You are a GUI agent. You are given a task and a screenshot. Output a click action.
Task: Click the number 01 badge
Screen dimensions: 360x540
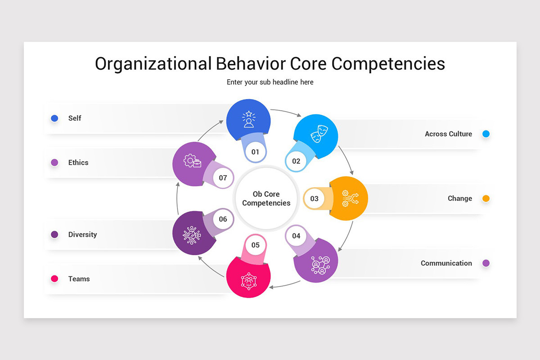coord(255,152)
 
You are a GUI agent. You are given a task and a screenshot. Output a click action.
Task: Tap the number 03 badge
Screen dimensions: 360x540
coord(314,198)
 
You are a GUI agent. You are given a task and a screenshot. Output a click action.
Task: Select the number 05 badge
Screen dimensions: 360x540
coord(256,245)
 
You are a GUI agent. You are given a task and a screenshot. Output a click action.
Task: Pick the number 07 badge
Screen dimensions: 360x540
coord(223,178)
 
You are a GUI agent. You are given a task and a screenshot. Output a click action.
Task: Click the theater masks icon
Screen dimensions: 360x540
coord(319,134)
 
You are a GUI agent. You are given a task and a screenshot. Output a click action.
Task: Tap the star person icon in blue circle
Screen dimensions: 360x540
coord(248,120)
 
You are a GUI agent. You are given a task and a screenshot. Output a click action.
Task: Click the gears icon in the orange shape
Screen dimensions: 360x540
coord(350,198)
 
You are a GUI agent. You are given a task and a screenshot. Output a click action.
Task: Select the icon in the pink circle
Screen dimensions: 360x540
coord(248,280)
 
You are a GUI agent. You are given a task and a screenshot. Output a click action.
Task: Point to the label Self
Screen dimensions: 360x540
coord(75,118)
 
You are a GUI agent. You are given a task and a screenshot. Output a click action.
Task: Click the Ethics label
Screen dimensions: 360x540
coord(78,162)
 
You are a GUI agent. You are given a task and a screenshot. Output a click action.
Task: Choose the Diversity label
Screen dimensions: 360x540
coord(82,234)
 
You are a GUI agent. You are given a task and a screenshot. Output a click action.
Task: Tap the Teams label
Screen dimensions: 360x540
coord(79,279)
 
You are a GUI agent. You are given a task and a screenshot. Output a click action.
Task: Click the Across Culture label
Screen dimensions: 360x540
coord(448,134)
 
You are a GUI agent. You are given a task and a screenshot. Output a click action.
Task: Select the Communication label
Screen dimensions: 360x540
coord(446,263)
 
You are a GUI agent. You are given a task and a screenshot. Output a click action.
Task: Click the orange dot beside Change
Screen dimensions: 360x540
coord(486,198)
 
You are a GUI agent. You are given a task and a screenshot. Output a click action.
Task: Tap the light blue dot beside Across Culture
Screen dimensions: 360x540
coord(486,134)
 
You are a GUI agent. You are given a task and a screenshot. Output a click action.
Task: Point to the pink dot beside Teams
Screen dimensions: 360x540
coord(54,279)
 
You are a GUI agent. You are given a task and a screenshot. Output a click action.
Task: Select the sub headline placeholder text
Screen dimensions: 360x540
coord(270,82)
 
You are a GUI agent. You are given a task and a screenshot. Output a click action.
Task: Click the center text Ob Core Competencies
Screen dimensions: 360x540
coord(266,198)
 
